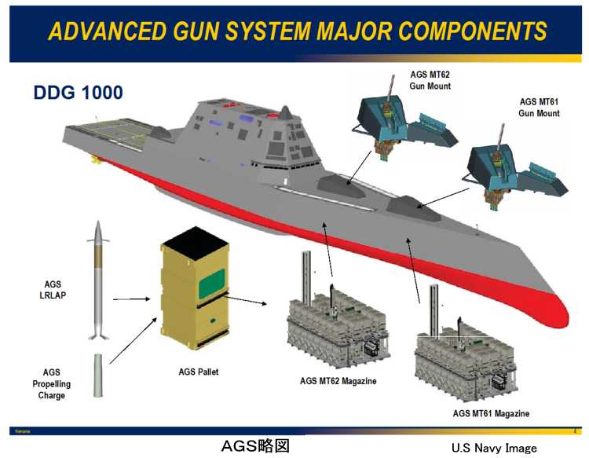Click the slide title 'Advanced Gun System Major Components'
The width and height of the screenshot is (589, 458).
coord(297,31)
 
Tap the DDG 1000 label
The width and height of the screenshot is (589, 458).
coord(78,93)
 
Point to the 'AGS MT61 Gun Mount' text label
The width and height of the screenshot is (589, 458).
coord(539,108)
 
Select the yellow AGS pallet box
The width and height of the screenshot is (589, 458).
coord(192,295)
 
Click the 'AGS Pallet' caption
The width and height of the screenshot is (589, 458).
coord(193,372)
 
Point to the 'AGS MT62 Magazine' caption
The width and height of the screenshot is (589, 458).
coord(338,381)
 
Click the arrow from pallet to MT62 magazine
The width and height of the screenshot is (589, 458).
coord(250,302)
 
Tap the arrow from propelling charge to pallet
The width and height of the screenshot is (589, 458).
coord(132,337)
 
